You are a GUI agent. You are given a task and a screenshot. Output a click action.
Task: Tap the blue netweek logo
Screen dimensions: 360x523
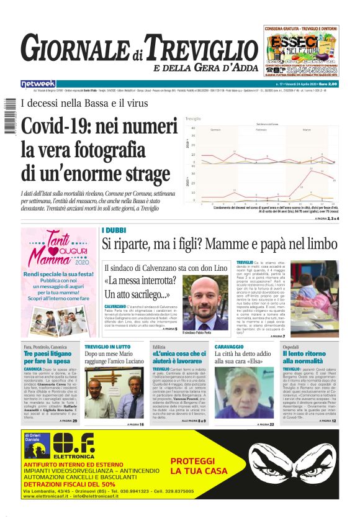[38, 83]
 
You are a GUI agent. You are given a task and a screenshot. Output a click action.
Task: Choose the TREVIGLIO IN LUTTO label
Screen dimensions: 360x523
[107, 346]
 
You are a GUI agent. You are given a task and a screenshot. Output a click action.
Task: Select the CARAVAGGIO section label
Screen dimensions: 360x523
[229, 346]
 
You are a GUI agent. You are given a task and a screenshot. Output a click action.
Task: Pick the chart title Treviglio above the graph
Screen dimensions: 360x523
[192, 119]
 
